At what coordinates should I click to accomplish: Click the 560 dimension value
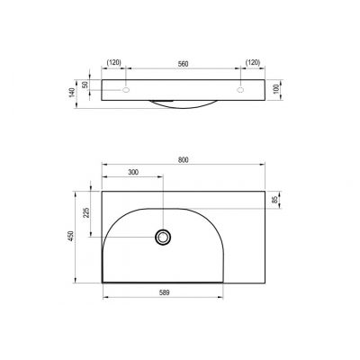184,64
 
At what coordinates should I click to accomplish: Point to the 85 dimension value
275,200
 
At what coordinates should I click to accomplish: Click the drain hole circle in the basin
163,237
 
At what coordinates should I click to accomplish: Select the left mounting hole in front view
125,91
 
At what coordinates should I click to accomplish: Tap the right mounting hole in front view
241,91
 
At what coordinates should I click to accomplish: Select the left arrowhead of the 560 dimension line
127,70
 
